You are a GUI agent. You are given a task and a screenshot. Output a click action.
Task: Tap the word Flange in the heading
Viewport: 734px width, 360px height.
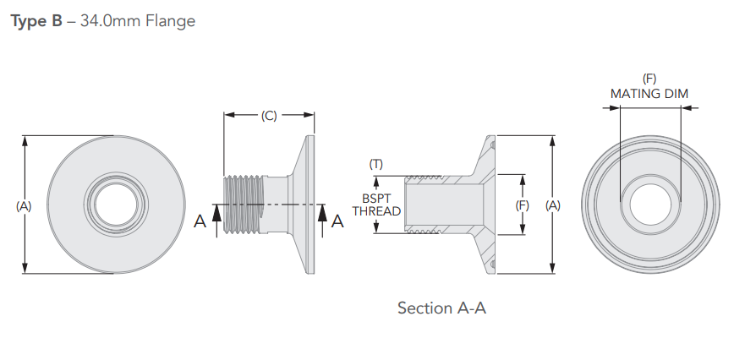click(169, 20)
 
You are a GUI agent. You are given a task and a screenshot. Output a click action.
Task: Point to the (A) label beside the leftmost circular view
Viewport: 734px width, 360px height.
click(24, 205)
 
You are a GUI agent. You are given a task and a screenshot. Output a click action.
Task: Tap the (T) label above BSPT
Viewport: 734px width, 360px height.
click(376, 164)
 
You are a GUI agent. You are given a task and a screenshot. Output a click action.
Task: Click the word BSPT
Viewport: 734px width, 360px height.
click(376, 199)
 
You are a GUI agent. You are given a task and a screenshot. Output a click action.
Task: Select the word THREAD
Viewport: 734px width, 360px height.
click(376, 211)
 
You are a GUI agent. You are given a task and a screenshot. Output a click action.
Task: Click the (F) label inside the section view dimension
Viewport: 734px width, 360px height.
click(523, 205)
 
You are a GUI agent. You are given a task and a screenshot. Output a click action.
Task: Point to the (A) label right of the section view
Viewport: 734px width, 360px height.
click(552, 205)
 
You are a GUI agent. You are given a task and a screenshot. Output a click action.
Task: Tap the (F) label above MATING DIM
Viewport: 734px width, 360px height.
click(649, 79)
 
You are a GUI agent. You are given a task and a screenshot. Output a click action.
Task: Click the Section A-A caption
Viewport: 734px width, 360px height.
click(441, 308)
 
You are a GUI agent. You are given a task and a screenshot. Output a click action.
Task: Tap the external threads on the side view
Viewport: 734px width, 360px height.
click(245, 205)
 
